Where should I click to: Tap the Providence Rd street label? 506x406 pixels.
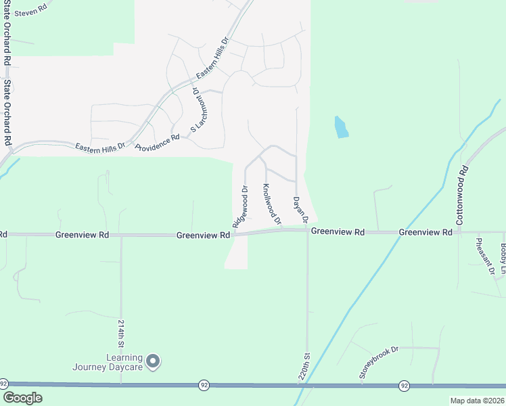click(157, 142)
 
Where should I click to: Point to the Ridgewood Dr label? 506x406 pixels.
click(240, 206)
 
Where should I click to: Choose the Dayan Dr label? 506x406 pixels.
click(300, 210)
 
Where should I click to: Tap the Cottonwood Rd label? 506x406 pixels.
click(461, 196)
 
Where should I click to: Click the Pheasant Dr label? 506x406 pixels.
click(485, 257)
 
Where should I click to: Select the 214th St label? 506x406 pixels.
click(122, 332)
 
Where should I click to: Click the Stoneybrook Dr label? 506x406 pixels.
click(380, 362)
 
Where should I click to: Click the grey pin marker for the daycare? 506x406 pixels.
click(153, 361)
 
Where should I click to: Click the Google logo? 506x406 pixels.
click(22, 398)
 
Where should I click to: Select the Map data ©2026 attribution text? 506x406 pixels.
click(477, 401)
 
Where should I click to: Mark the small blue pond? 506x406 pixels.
click(341, 127)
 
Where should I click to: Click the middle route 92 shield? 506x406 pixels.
click(204, 384)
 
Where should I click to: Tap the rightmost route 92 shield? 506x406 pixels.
click(404, 385)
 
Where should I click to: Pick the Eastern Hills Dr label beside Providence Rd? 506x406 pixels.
click(100, 145)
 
